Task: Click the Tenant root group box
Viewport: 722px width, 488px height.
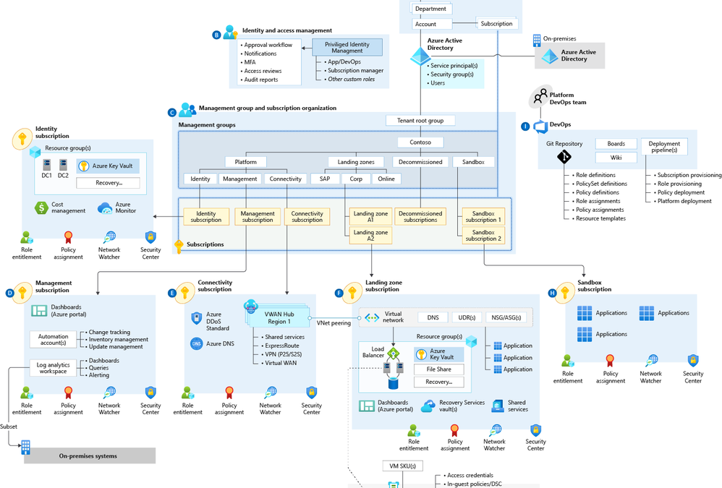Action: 420,121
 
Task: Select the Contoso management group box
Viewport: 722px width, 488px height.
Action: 420,142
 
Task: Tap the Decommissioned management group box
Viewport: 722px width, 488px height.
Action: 420,162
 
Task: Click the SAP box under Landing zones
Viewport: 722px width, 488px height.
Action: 325,179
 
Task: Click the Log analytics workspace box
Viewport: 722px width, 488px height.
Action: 53,367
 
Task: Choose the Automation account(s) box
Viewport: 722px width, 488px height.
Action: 53,338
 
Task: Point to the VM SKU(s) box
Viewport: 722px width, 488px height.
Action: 402,466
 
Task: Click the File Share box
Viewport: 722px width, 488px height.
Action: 439,369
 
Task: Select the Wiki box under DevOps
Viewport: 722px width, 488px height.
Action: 616,158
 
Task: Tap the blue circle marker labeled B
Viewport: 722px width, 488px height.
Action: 216,35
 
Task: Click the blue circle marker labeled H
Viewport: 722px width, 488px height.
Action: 553,293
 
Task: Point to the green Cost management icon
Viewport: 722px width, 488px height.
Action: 41,207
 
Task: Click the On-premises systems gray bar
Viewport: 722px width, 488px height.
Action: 88,455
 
